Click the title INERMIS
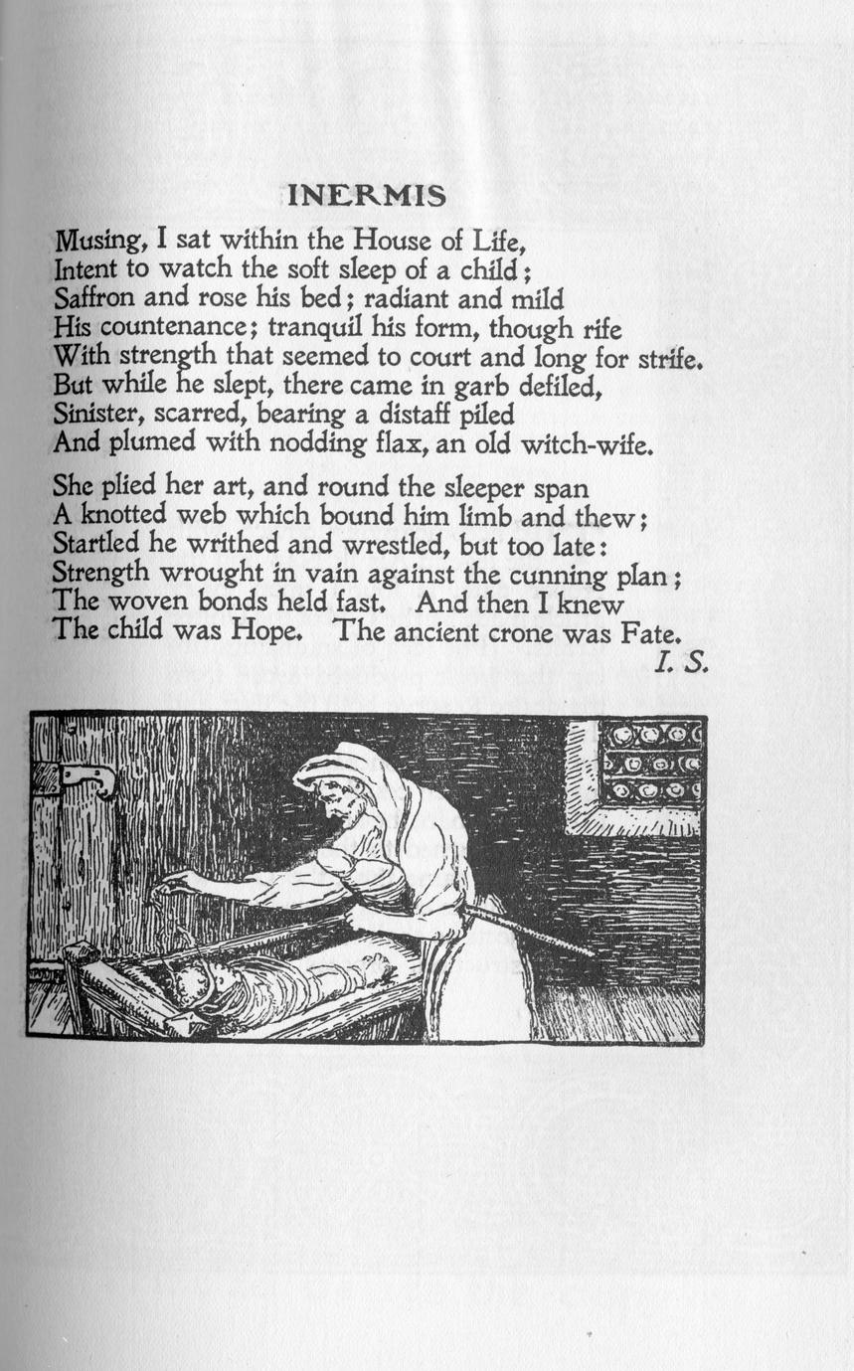pos(366,196)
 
